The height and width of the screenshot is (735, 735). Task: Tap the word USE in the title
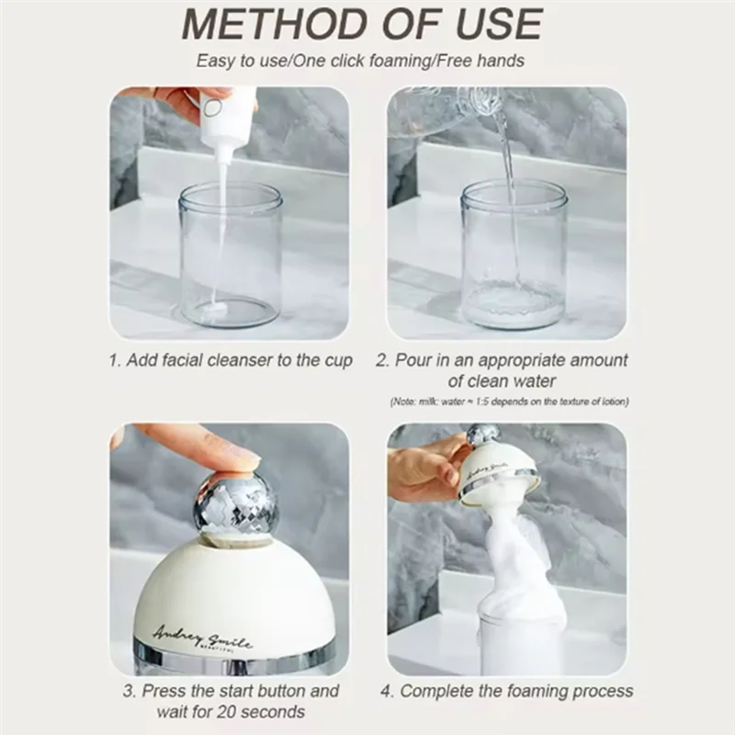(500, 25)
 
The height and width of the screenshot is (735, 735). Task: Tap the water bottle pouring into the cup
(441, 106)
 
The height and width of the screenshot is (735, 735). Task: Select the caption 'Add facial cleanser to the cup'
(238, 360)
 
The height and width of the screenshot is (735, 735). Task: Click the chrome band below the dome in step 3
(229, 663)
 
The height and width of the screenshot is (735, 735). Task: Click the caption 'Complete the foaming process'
(516, 691)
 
